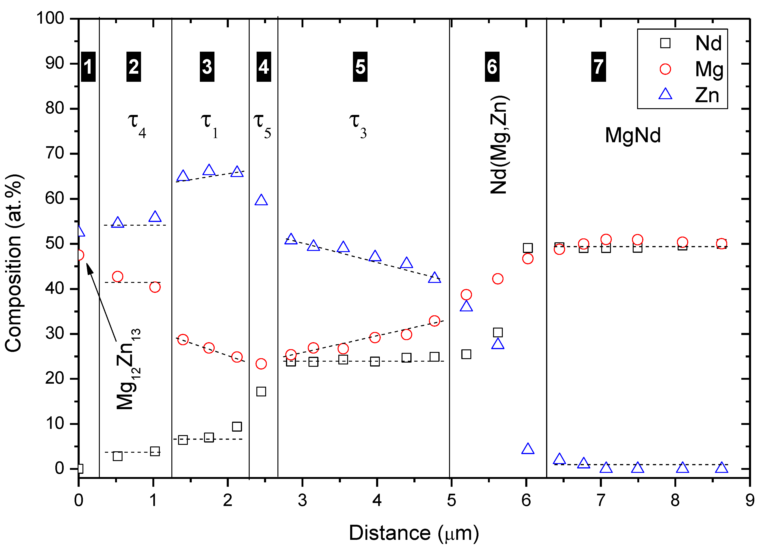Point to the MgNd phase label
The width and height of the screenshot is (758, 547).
[633, 135]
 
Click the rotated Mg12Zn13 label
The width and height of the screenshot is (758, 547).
[129, 370]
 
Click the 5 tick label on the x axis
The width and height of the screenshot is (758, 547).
[451, 500]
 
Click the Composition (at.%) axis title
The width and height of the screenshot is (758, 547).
[14, 262]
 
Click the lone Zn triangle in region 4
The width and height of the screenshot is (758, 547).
[261, 200]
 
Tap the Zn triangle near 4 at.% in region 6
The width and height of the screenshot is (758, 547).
[527, 449]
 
